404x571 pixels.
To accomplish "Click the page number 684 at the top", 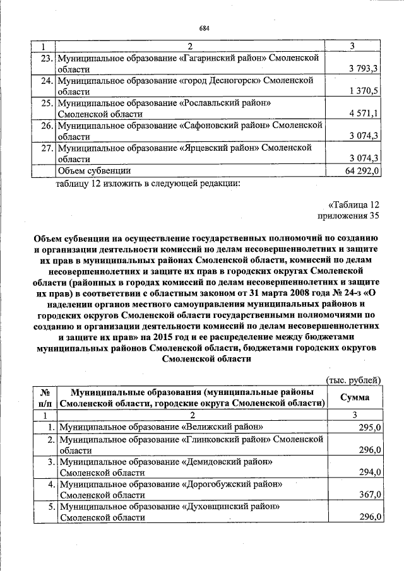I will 204,28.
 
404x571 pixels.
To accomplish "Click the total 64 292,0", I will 360,170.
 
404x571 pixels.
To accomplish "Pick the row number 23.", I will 45,57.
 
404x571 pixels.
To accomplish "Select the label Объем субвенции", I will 94,170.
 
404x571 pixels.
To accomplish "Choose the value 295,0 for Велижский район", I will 369,427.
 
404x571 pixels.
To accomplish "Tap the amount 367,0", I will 369,495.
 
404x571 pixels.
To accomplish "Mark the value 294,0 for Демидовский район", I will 369,472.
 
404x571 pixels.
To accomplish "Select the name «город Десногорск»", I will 220,80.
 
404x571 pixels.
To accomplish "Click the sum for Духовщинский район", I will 369,517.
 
